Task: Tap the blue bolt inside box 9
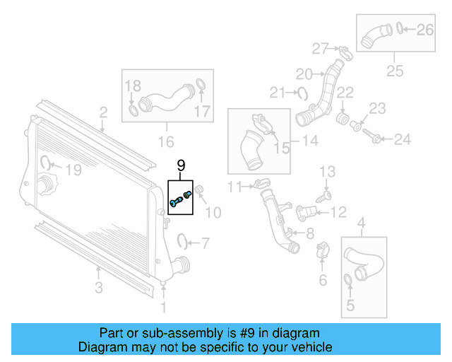pyautogui.click(x=177, y=202)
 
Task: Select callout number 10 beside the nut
pyautogui.click(x=213, y=212)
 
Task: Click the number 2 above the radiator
pyautogui.click(x=103, y=112)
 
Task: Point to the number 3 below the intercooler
pyautogui.click(x=99, y=287)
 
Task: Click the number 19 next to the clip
pyautogui.click(x=73, y=170)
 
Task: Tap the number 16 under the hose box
pyautogui.click(x=165, y=142)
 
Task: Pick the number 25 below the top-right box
pyautogui.click(x=394, y=71)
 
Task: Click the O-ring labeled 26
pyautogui.click(x=400, y=29)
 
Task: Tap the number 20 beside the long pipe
pyautogui.click(x=304, y=74)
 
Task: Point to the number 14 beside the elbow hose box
pyautogui.click(x=310, y=141)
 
